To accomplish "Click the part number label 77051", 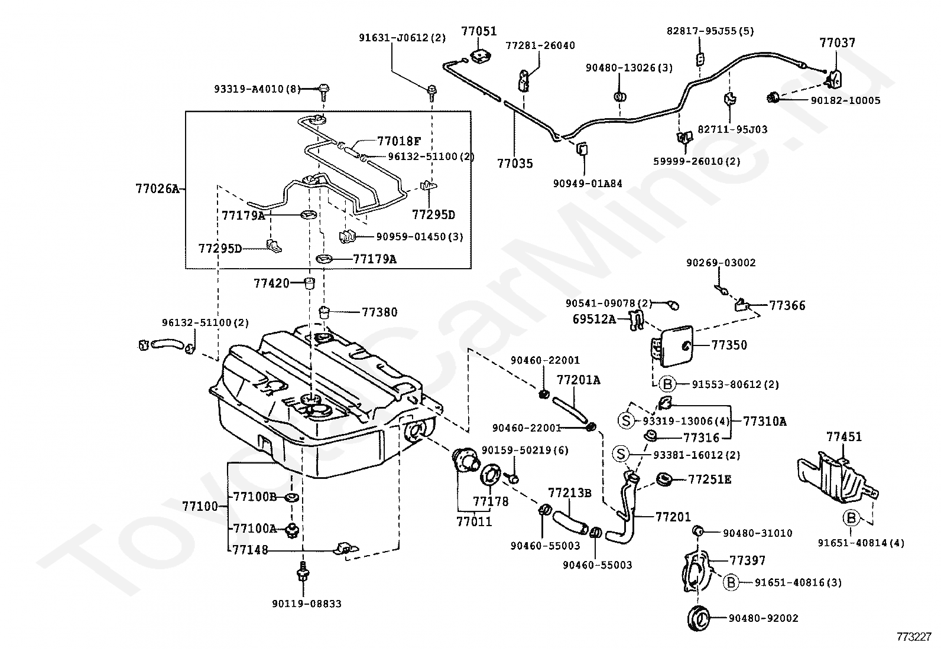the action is tap(479, 31).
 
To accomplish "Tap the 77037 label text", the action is tap(837, 43).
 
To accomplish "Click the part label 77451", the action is tap(844, 436).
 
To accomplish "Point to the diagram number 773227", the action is tap(914, 637).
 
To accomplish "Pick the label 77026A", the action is tap(157, 189).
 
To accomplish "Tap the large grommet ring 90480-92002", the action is tap(699, 618).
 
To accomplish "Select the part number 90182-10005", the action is tap(845, 101).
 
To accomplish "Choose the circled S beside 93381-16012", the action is tap(621, 454).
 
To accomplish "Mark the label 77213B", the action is tap(570, 493).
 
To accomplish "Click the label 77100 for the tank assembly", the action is tap(200, 506).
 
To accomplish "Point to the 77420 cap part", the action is tap(309, 283).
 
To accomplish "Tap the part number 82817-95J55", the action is tap(710, 31).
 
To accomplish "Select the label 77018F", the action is tap(398, 141).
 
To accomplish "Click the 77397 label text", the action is tap(747, 560).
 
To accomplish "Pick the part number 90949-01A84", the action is tap(588, 184).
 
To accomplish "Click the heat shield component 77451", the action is tap(837, 477).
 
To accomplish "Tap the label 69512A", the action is tap(594, 319).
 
